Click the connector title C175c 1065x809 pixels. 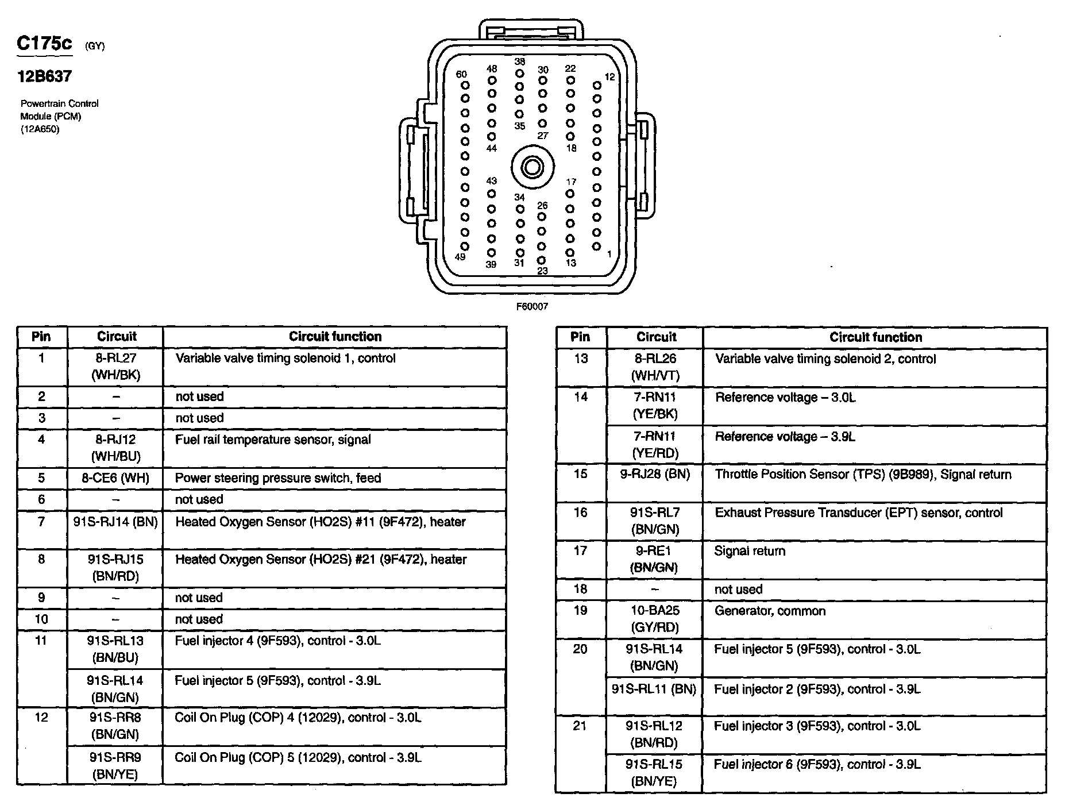tap(44, 44)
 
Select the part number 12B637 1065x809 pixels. tap(44, 76)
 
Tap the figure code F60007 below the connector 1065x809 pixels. tap(532, 307)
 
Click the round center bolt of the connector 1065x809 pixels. tap(532, 168)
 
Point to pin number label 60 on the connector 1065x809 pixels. tap(461, 74)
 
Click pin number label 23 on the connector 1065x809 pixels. tap(542, 271)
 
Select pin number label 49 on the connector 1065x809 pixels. tap(460, 257)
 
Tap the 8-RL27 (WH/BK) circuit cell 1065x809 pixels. tap(115, 367)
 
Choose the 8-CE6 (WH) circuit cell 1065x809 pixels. tap(115, 478)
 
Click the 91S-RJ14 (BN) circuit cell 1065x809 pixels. tap(115, 522)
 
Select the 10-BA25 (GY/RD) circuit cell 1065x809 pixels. tap(655, 619)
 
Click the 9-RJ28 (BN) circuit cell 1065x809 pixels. tap(655, 475)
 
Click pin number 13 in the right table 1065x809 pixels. tap(581, 359)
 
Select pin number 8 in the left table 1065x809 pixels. tap(41, 559)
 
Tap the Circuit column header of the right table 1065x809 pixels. tap(656, 337)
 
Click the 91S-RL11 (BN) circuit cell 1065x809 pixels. tap(654, 688)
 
